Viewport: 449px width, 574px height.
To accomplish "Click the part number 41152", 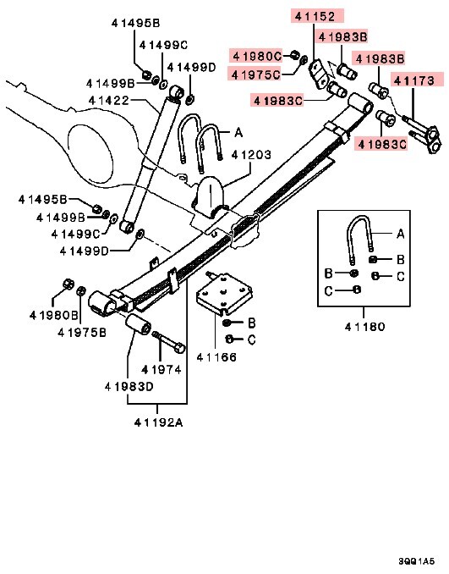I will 315,16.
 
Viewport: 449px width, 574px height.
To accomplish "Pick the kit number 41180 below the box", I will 364,326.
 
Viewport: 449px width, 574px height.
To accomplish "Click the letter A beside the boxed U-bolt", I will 401,231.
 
